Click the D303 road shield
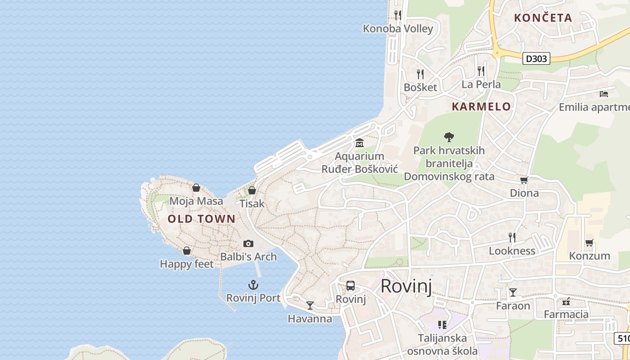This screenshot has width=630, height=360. point(537,58)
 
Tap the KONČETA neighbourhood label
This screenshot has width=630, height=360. point(543,18)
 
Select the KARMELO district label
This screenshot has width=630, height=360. point(481,107)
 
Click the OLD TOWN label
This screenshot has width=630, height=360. point(201,219)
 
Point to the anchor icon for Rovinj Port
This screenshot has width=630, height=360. point(253,285)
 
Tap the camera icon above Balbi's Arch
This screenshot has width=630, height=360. point(248,243)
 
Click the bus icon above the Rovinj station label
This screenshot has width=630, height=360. point(351,286)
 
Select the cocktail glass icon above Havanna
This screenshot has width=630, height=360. point(310,306)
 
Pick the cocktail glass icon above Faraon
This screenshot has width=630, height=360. point(513,292)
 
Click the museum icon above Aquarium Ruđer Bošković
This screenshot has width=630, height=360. point(359,143)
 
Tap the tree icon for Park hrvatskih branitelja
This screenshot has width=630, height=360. point(449,137)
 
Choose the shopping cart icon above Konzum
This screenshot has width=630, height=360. point(589,243)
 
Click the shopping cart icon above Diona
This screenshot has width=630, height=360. point(524,180)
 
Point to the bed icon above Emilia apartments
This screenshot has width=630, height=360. point(604,94)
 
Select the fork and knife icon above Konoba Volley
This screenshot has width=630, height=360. point(397,15)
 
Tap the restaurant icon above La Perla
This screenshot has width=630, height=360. point(481,71)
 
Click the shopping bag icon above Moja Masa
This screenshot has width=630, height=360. point(196,188)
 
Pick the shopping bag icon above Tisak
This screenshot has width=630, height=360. point(252,190)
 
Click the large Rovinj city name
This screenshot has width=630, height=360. point(406,286)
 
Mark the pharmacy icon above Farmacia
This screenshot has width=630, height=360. point(566,301)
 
